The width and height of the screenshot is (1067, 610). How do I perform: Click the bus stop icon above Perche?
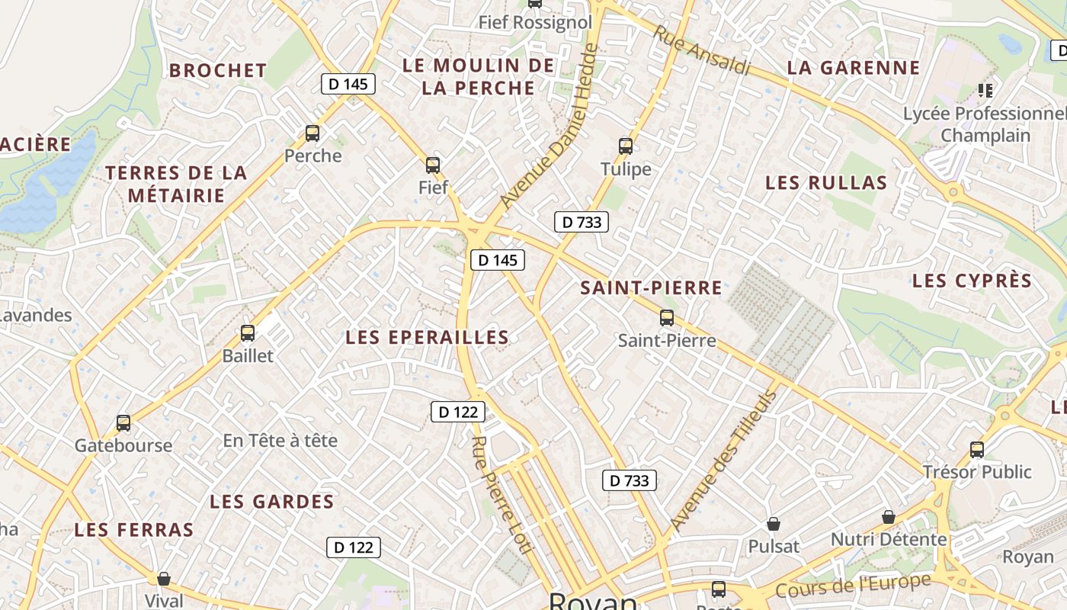point(312,133)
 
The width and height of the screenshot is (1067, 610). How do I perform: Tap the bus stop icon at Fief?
point(433,165)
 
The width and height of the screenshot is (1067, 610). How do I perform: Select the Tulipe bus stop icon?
point(626,146)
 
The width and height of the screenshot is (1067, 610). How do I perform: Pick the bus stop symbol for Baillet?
point(248,332)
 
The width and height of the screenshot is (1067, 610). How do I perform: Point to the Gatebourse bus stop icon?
point(123,422)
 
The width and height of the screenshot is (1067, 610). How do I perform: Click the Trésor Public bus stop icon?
point(977,449)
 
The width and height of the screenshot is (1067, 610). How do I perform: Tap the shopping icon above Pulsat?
point(774,524)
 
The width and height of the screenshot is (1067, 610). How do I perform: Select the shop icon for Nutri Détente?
point(888,517)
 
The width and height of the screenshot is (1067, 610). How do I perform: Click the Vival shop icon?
point(163,578)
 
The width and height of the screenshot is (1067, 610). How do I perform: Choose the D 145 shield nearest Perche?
point(348,84)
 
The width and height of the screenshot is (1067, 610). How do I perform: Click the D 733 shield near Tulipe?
point(582,222)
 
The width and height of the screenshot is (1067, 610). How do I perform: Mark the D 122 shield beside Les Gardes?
point(354,547)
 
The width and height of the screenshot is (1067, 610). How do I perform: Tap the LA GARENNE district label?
point(854,67)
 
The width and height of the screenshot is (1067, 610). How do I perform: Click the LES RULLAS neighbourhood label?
point(826,183)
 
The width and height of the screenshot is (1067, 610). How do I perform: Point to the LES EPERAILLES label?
point(427,337)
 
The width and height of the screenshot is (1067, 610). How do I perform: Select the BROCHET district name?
point(218,70)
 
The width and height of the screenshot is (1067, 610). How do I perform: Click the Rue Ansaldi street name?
point(702,51)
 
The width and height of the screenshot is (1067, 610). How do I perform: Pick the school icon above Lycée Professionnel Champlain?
point(985,91)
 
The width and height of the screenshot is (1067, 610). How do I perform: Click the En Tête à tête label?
point(280,441)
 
